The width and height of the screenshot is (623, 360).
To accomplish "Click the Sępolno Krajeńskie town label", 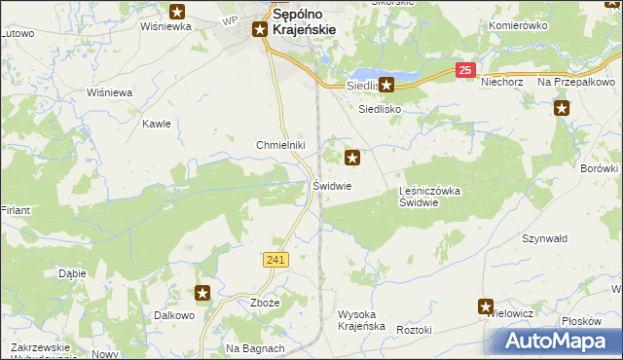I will click(304, 22).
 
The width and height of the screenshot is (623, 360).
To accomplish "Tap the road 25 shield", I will click(466, 70).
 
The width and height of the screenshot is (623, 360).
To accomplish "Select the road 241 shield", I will click(275, 259).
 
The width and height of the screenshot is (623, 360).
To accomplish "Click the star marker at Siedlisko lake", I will click(386, 85).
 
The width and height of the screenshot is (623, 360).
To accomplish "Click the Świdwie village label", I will click(332, 185).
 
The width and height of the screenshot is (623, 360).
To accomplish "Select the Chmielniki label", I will click(280, 145).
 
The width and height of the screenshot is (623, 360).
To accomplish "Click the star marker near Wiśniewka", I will click(177, 12).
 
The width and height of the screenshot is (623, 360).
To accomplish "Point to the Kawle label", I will click(157, 124).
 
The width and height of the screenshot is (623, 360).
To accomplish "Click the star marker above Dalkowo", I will click(202, 293).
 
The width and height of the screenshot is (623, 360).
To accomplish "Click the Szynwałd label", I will click(544, 238).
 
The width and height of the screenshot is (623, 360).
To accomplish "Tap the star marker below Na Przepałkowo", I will click(562, 108).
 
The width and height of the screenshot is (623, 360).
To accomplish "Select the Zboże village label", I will click(265, 303).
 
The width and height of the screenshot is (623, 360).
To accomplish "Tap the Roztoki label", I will click(414, 331).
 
